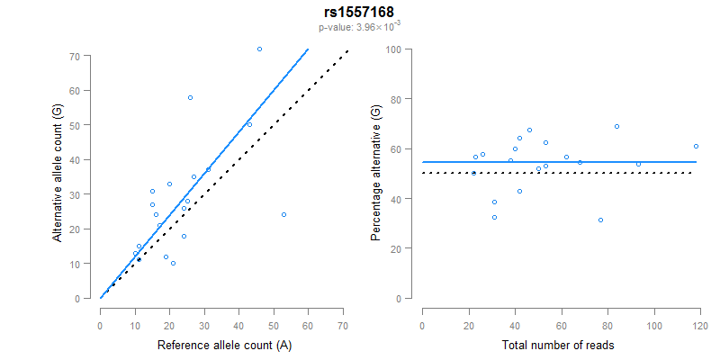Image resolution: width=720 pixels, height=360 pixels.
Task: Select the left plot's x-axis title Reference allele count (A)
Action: pos(223,345)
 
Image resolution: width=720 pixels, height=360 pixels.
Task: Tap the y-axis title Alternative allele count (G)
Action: pos(57,173)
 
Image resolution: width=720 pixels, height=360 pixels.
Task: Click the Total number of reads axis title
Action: pos(558,345)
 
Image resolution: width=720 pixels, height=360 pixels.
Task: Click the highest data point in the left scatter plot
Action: pos(259,49)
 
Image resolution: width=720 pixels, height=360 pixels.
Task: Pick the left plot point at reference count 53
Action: pos(283,214)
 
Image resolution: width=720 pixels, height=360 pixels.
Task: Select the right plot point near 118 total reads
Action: pos(696,146)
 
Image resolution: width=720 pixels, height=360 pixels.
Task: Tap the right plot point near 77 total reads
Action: pos(600,220)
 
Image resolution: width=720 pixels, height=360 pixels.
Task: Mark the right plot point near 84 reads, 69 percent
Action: pos(616,126)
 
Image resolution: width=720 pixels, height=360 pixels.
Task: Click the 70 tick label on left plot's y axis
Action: pos(75,56)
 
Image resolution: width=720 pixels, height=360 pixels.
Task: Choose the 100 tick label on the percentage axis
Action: pos(393,49)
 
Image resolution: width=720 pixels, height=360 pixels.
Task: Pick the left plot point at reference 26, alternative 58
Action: pos(190,97)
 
